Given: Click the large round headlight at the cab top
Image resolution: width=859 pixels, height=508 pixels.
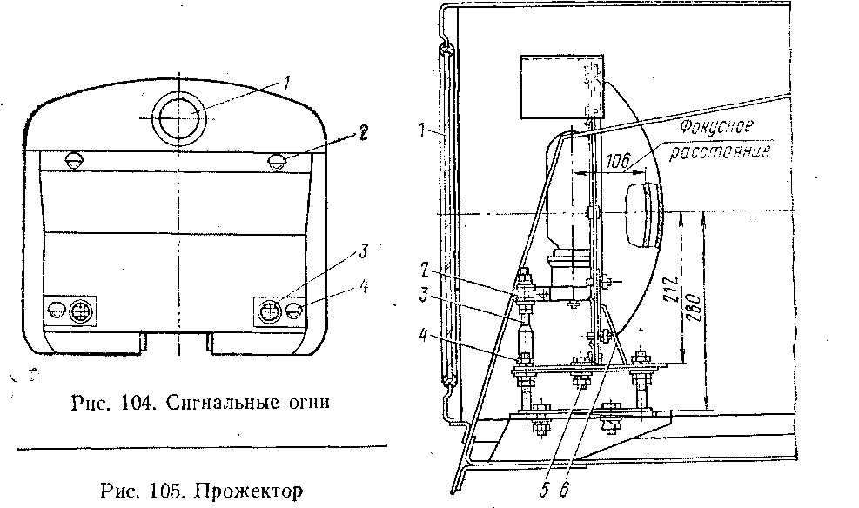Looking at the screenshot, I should [x=181, y=117].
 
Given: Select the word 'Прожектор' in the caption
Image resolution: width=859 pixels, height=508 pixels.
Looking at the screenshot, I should [x=250, y=491].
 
